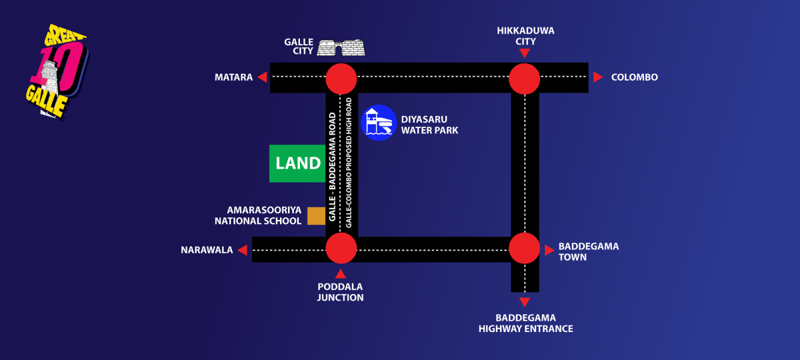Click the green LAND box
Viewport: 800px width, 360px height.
pyautogui.click(x=297, y=163)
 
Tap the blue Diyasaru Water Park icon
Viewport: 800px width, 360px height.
pyautogui.click(x=379, y=123)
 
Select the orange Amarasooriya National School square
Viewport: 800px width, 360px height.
pyautogui.click(x=316, y=215)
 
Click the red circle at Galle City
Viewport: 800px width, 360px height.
pyautogui.click(x=341, y=79)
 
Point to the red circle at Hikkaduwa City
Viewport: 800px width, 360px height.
pyautogui.click(x=524, y=79)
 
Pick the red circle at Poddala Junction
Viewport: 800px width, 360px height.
pyautogui.click(x=341, y=248)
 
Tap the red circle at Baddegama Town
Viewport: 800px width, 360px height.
pyautogui.click(x=524, y=248)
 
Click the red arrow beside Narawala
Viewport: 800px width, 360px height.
pyautogui.click(x=243, y=250)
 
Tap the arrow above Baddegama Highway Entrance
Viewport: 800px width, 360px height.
pyautogui.click(x=525, y=302)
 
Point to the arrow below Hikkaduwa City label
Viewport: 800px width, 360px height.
pyautogui.click(x=525, y=53)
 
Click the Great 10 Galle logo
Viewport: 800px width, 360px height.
pyautogui.click(x=56, y=72)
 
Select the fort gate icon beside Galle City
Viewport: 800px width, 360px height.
pyautogui.click(x=341, y=48)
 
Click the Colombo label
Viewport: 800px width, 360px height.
pyautogui.click(x=634, y=77)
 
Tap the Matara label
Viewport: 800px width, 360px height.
pyautogui.click(x=233, y=77)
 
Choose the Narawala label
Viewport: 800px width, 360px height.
pyautogui.click(x=207, y=251)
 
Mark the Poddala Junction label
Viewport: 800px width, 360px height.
pyautogui.click(x=340, y=292)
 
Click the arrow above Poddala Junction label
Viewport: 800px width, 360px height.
pyautogui.click(x=341, y=273)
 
